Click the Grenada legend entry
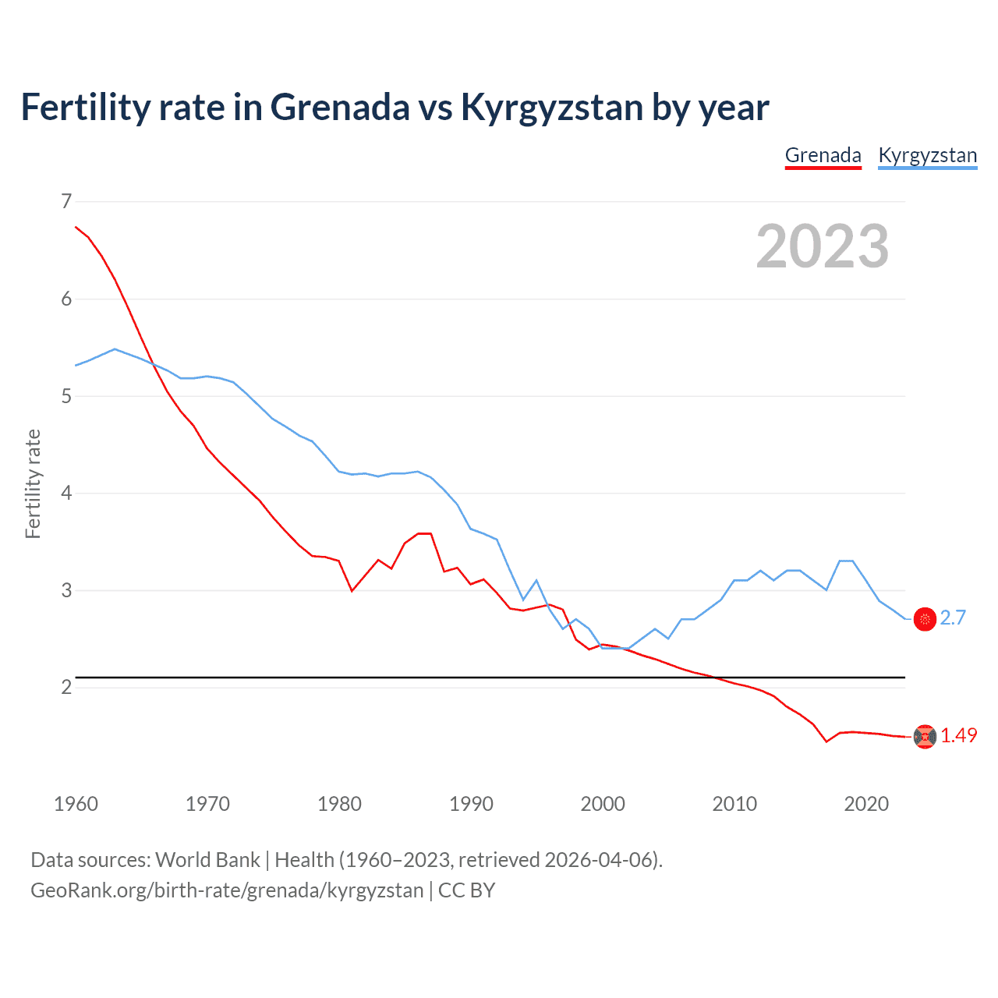[823, 155]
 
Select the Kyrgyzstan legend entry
[927, 155]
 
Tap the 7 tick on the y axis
[66, 201]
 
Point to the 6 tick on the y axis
[66, 299]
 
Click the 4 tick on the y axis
[66, 493]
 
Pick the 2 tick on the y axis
[66, 687]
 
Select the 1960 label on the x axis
[76, 804]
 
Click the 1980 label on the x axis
[339, 804]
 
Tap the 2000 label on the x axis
[603, 804]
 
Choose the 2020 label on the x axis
[866, 804]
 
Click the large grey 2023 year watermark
[822, 247]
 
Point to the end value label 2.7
[953, 618]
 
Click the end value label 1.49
[958, 735]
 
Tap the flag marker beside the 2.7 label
[925, 619]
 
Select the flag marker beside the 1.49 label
[925, 736]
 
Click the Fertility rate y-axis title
[33, 483]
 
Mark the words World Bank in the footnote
[207, 860]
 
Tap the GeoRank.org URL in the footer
[227, 890]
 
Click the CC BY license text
[466, 890]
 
